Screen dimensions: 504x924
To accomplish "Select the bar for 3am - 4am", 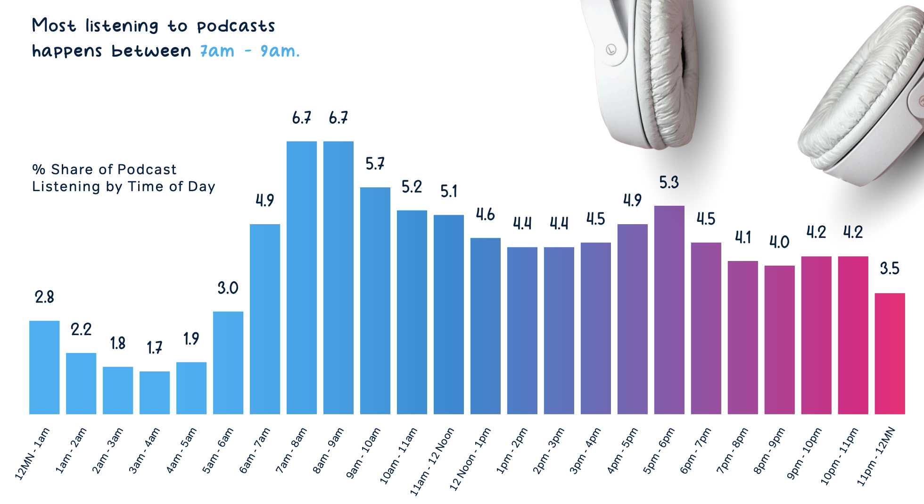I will point(155,393).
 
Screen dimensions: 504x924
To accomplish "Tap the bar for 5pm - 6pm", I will point(669,310).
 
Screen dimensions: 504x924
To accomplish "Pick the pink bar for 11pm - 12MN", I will point(890,353).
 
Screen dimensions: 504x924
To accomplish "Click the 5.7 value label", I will point(375,164).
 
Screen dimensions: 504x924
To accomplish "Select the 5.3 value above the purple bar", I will point(669,182).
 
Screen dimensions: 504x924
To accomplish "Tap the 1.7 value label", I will point(155,348).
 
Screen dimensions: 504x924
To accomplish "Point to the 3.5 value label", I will point(890,269).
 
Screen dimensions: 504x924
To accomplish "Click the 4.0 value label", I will point(779,242).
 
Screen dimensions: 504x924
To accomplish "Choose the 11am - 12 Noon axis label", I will point(432,461).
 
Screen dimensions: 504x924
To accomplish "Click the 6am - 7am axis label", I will point(255,450).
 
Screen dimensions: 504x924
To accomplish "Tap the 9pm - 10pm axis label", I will point(804,453).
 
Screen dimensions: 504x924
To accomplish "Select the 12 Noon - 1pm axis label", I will point(470,459).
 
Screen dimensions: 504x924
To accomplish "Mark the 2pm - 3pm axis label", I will point(548,450).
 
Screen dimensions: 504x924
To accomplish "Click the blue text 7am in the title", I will point(217,51).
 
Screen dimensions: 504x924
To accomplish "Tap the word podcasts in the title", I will point(236,26).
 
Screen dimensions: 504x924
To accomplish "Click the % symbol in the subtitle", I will point(39,169).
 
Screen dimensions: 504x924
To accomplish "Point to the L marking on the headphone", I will point(611,49).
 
